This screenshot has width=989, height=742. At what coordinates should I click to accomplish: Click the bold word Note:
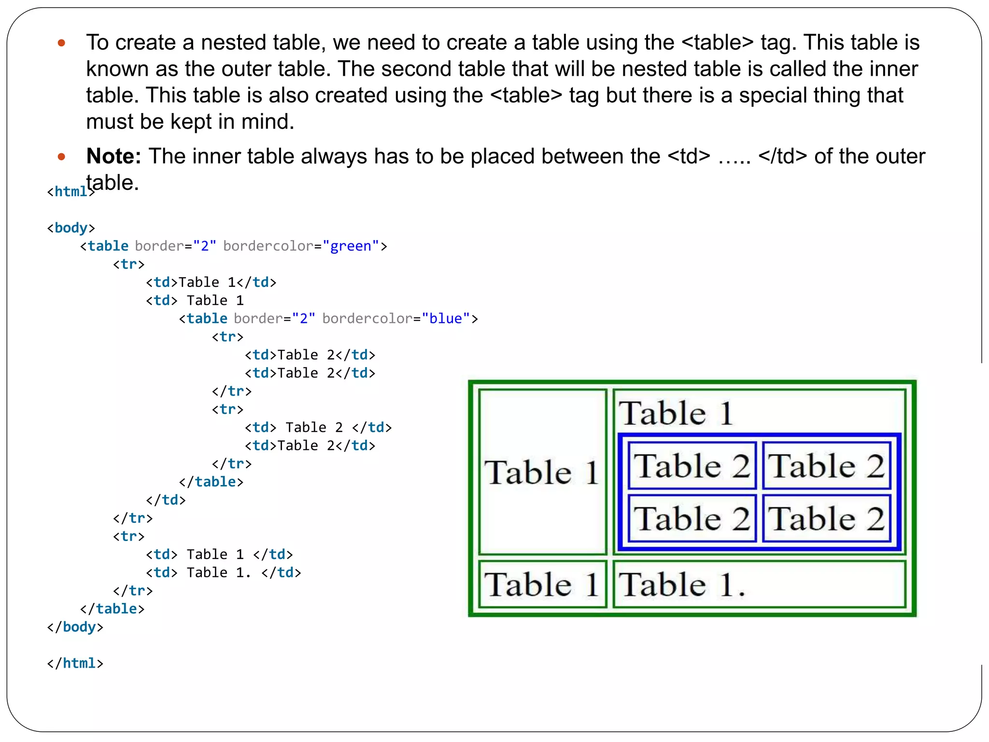coord(113,157)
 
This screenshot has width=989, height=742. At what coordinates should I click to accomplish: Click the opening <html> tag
coord(70,192)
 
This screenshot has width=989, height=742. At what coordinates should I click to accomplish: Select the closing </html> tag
coord(75,663)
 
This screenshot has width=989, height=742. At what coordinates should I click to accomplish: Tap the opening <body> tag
coord(71,228)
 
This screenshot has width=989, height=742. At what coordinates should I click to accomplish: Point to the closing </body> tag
coord(75,627)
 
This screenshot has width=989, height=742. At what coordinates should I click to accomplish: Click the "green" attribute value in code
coord(351,246)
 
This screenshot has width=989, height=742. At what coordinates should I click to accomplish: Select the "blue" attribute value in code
coord(446,319)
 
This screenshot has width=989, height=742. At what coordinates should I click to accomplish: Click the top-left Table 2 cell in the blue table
coord(692,466)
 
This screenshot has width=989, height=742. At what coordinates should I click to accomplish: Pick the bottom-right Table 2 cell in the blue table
coord(826,518)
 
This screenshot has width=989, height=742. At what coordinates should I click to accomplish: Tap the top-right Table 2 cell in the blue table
coord(826,466)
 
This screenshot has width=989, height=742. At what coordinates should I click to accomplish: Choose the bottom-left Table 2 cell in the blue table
coord(692,518)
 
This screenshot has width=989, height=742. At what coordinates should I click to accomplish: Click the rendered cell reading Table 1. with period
coord(759,585)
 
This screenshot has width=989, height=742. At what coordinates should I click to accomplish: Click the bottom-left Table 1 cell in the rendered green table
coord(542,585)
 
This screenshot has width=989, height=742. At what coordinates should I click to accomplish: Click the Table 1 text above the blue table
coord(676,414)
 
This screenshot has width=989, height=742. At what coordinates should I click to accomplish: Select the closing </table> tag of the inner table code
coord(211,482)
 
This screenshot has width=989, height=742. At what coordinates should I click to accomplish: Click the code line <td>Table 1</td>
coord(211,283)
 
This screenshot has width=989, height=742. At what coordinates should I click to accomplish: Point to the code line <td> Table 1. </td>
coord(223,573)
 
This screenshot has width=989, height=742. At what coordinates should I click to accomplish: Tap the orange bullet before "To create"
coord(61,43)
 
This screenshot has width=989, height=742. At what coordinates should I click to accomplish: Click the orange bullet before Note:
coord(61,157)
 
